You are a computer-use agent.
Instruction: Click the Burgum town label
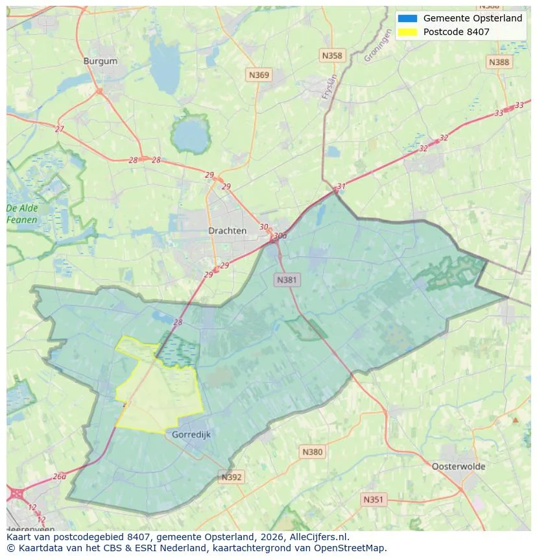point(101,61)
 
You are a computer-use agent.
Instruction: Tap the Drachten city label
point(227,230)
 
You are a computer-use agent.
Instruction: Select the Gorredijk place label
point(191,434)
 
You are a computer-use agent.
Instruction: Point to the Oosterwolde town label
point(458,466)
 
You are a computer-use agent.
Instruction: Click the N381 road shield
point(287,280)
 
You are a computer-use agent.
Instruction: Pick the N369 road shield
point(259,75)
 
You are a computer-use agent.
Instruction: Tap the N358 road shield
point(332,56)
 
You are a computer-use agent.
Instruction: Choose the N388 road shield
point(499,62)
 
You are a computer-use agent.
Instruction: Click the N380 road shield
point(312,452)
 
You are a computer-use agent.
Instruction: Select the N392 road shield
point(232,477)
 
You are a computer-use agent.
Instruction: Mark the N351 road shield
point(373,499)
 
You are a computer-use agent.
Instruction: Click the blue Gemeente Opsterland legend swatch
point(408,18)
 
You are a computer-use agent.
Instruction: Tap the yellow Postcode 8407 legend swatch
point(408,32)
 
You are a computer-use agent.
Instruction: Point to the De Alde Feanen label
point(22,214)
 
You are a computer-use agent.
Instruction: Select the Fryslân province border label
point(330,86)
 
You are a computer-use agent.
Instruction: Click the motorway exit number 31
point(341,186)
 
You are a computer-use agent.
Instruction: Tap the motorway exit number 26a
point(60,476)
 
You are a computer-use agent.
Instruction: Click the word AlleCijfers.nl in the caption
point(320,537)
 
